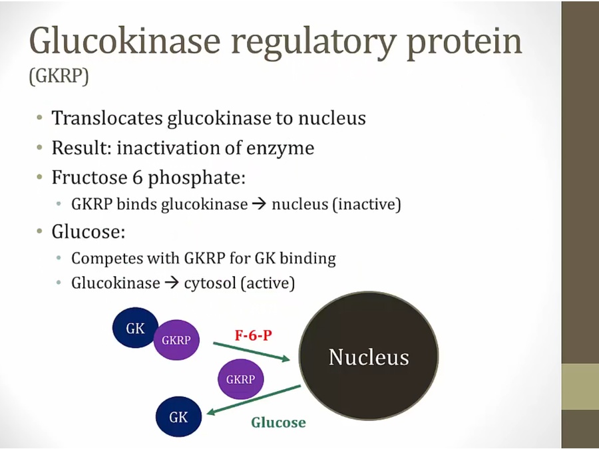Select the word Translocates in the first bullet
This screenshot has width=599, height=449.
coord(106,118)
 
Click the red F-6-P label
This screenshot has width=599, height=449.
coord(254,335)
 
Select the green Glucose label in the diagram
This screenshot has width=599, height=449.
coord(278,422)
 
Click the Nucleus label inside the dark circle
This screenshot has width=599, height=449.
coord(369,357)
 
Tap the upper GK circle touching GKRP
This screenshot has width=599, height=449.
coord(134,327)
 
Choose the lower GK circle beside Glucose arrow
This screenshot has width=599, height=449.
coord(178,416)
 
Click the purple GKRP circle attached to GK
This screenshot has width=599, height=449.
coord(176,340)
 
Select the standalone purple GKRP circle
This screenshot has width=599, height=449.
coord(240,379)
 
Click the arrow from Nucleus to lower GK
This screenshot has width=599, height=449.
coord(254,399)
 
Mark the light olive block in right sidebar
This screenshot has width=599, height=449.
coord(580,386)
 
